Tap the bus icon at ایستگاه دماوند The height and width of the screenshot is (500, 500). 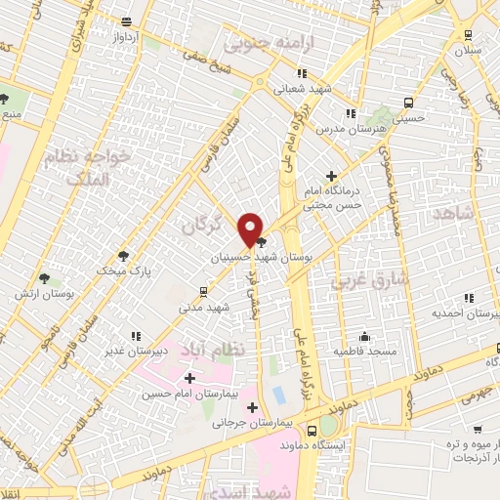(x=312, y=430)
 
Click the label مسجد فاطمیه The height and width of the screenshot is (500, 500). (x=363, y=349)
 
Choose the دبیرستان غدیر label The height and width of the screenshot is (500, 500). (x=164, y=349)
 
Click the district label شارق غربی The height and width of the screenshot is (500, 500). (x=356, y=282)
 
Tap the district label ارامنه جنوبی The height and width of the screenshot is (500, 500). (x=262, y=43)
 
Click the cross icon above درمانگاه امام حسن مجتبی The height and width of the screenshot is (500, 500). (x=331, y=175)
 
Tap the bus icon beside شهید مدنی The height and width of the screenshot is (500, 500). (x=203, y=291)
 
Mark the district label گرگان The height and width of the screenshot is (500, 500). (x=202, y=225)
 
